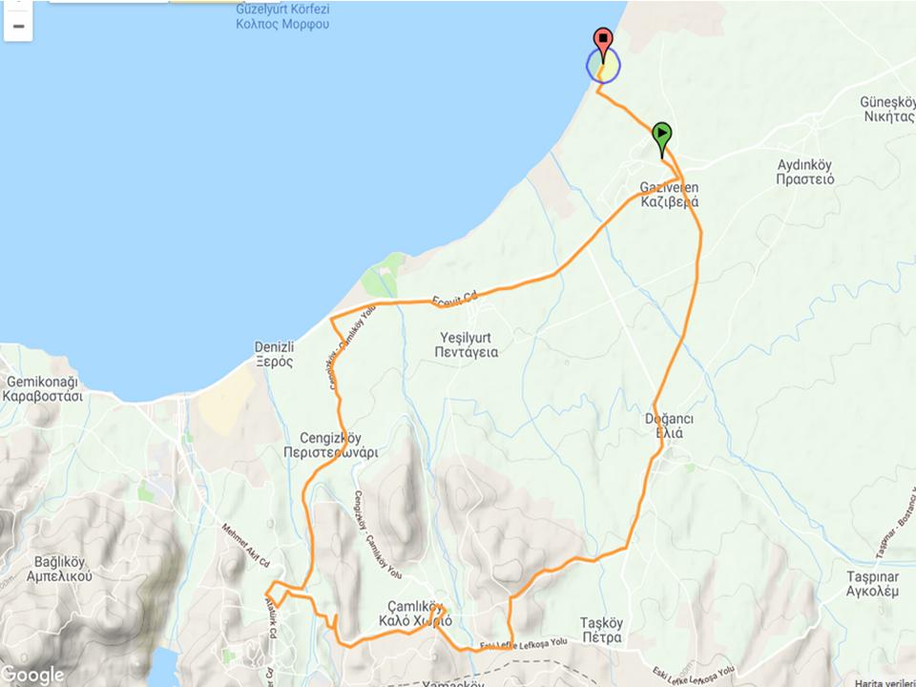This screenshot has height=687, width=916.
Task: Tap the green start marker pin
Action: pos(662,135)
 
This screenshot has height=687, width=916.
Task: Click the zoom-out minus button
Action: pos(18,26)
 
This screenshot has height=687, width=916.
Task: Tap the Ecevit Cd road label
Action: pos(453,299)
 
